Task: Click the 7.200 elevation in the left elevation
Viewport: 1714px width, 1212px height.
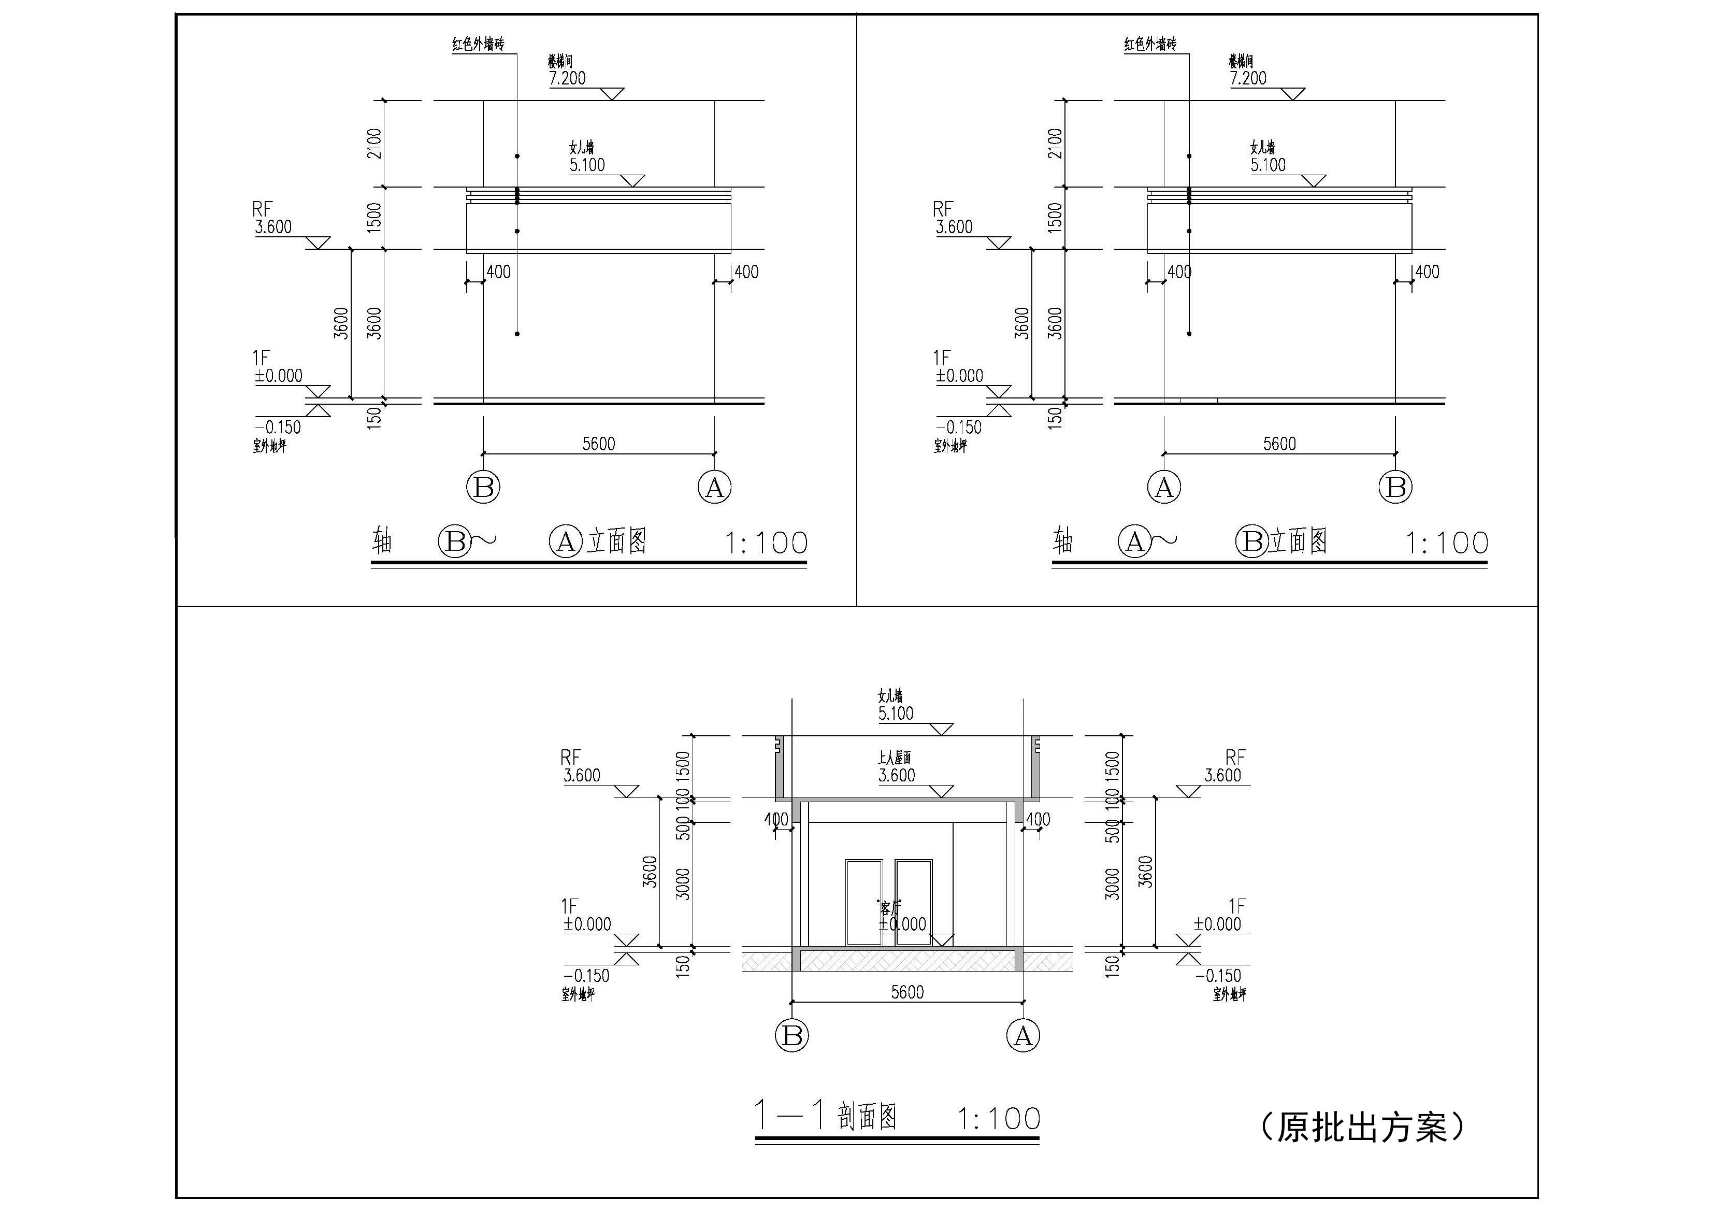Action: [x=567, y=78]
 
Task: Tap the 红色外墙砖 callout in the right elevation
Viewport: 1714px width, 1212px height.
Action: [x=1150, y=44]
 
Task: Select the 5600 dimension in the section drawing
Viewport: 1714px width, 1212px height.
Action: [x=907, y=992]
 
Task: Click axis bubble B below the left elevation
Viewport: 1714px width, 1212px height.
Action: [x=483, y=488]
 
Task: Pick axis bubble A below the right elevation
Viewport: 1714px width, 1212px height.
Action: [x=1164, y=488]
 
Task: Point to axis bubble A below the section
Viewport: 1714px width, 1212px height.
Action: [x=1022, y=1036]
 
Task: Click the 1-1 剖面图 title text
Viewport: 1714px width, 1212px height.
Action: [x=826, y=1117]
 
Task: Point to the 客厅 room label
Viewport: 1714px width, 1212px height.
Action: [x=890, y=908]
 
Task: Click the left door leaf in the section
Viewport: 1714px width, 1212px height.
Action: [x=863, y=902]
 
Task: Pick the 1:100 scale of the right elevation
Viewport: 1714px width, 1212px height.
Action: [x=1447, y=543]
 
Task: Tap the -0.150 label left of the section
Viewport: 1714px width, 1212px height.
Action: [x=587, y=975]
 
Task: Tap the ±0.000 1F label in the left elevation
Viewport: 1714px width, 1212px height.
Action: [x=279, y=376]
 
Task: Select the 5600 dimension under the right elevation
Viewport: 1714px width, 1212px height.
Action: [x=1279, y=444]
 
